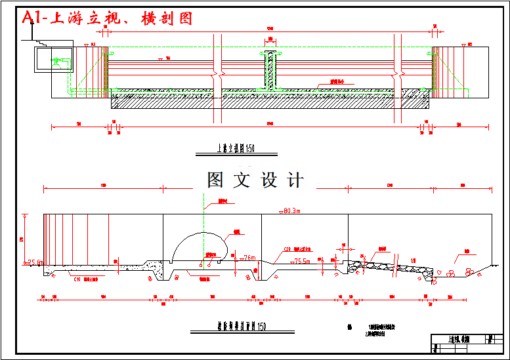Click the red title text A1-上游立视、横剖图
coord(108,18)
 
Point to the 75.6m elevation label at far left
coord(34,262)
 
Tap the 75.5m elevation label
coord(301,261)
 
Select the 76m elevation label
coord(249,257)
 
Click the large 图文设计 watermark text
coord(255,180)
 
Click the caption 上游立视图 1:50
coord(235,149)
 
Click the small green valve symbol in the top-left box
coord(59,63)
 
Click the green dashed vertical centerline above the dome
coord(204,216)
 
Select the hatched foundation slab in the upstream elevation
coord(269,101)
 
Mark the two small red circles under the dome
coord(205,264)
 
